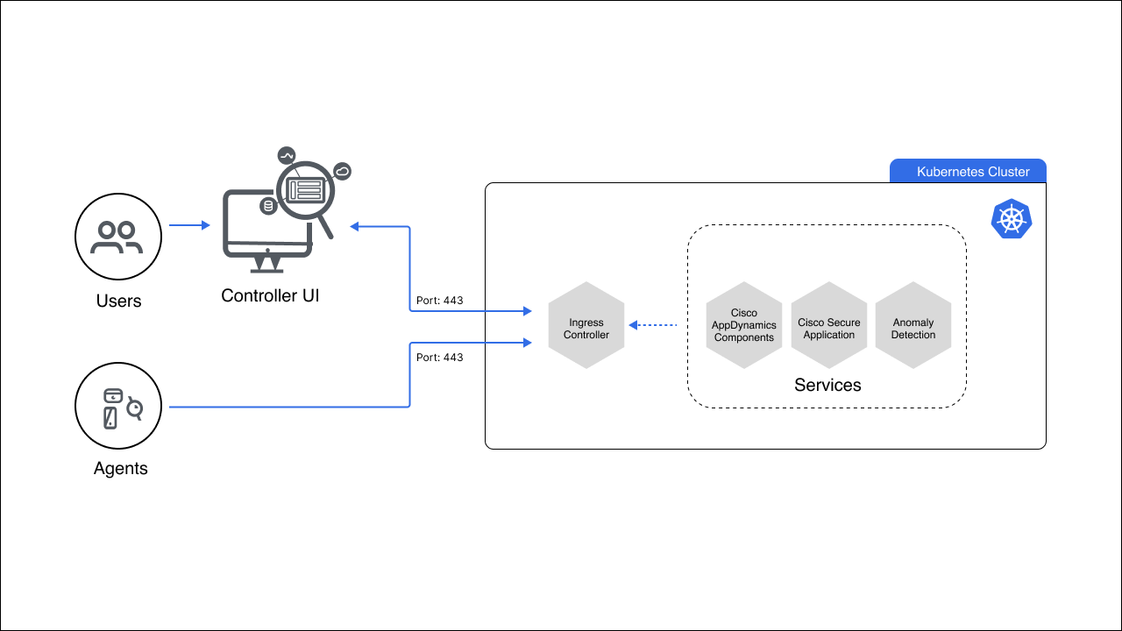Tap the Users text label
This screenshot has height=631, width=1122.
(118, 301)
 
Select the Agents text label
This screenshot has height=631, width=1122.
(121, 469)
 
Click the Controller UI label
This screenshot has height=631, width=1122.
(270, 295)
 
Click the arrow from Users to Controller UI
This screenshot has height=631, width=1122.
(189, 225)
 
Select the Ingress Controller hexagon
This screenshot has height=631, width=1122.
(586, 325)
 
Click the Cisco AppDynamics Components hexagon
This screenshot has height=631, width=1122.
(744, 325)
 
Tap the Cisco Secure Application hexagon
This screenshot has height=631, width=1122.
(829, 325)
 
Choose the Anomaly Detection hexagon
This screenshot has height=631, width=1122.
(913, 325)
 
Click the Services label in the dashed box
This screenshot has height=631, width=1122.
(827, 385)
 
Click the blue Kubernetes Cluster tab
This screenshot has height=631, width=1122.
(968, 171)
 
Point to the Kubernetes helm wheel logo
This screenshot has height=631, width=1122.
(1012, 219)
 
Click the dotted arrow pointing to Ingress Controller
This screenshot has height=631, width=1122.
(653, 325)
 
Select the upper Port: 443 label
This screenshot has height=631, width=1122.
(440, 301)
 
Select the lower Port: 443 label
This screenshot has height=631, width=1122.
(440, 358)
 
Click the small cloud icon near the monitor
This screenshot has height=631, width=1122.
(343, 172)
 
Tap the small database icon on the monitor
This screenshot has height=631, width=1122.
(268, 206)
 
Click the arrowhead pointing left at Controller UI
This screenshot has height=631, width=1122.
(354, 227)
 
